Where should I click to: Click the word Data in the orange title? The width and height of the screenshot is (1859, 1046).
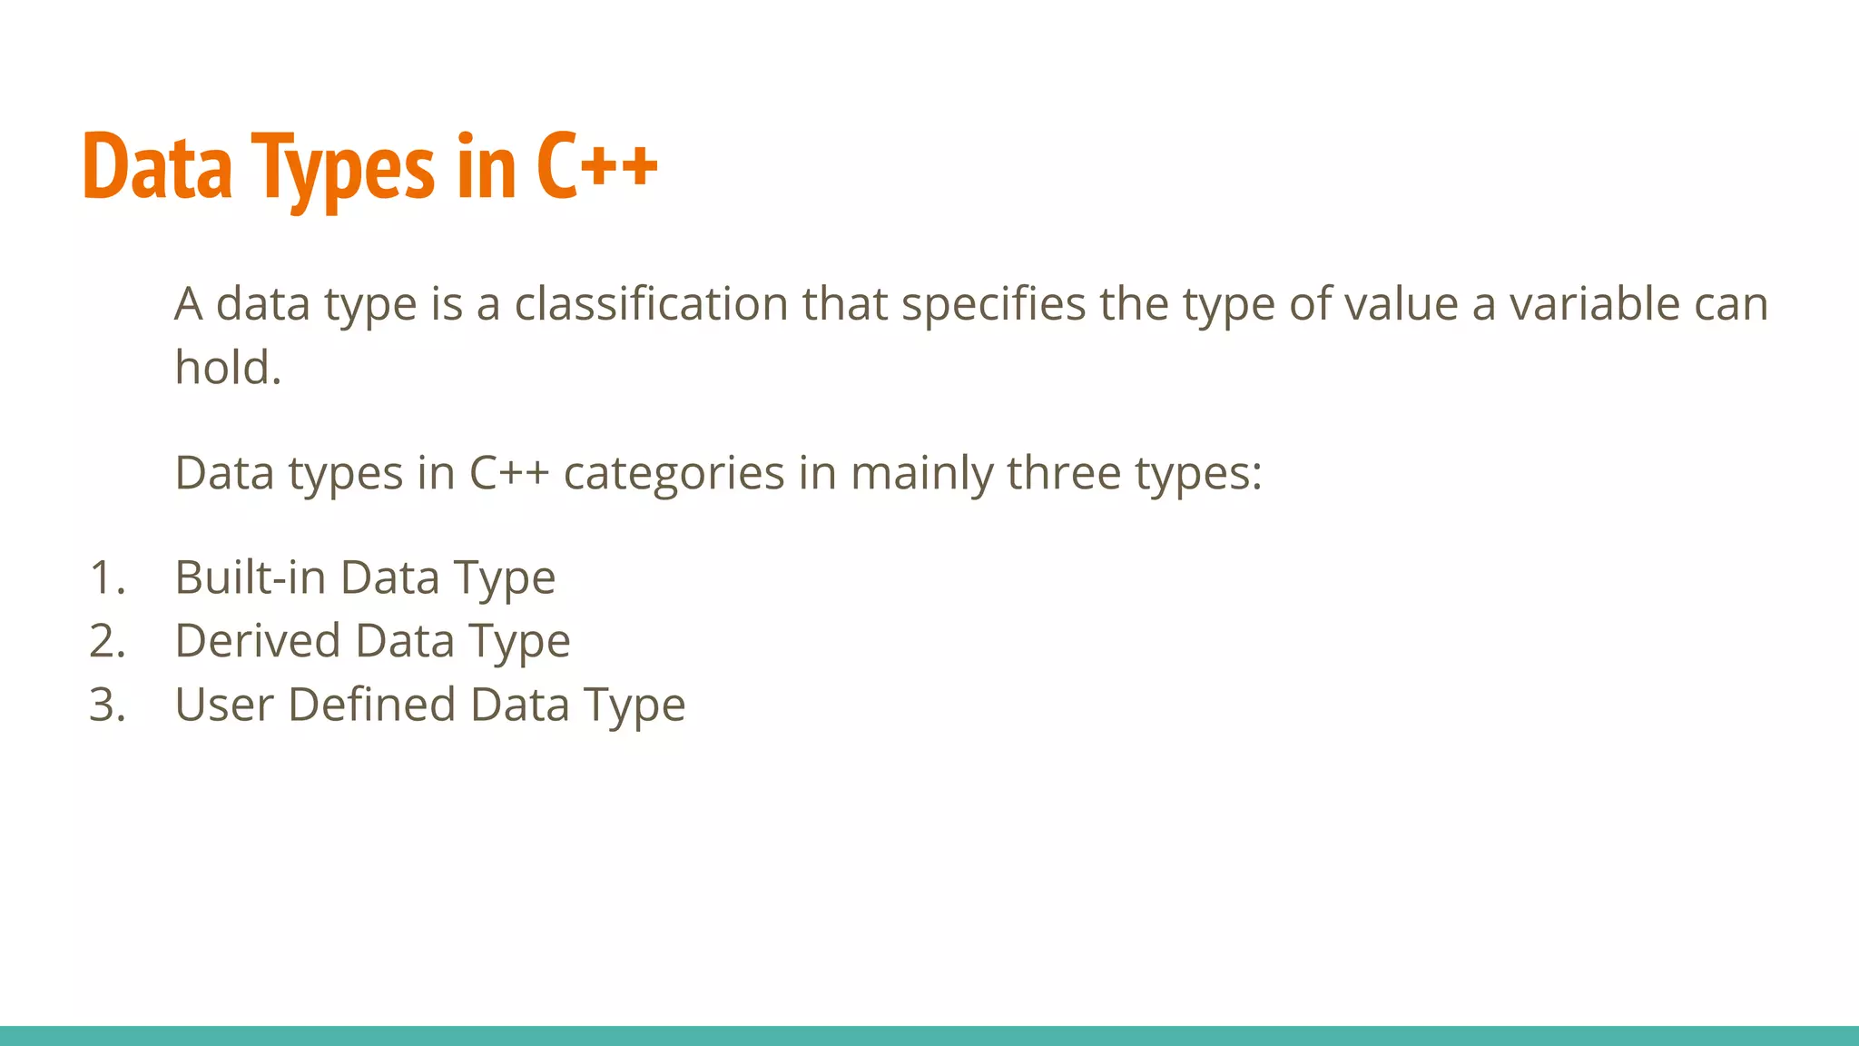pyautogui.click(x=157, y=168)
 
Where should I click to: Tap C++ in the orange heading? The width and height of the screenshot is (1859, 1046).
pyautogui.click(x=596, y=168)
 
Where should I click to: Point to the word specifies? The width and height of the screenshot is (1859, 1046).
pyautogui.click(x=993, y=305)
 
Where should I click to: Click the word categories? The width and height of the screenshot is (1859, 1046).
pyautogui.click(x=674, y=475)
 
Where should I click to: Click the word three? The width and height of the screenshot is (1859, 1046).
pyautogui.click(x=1064, y=473)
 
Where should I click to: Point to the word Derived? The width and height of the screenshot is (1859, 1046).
pyautogui.click(x=257, y=641)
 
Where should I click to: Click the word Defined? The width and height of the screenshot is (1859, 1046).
pyautogui.click(x=371, y=705)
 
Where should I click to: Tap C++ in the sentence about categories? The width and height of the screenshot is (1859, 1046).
pyautogui.click(x=508, y=473)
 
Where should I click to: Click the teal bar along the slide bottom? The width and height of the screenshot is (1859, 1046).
pyautogui.click(x=929, y=1035)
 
